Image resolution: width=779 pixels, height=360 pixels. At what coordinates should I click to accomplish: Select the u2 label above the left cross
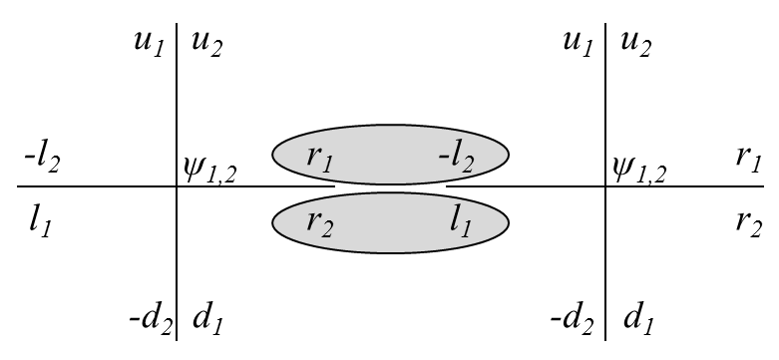pyautogui.click(x=205, y=45)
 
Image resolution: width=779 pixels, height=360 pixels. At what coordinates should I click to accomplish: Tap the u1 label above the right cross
pyautogui.click(x=580, y=43)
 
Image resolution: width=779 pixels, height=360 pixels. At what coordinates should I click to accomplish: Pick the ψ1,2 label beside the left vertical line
pyautogui.click(x=208, y=171)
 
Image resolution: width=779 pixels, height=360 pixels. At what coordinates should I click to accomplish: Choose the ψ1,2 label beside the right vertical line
pyautogui.click(x=639, y=171)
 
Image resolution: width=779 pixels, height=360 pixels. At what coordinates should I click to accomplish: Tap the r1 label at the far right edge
pyautogui.click(x=749, y=157)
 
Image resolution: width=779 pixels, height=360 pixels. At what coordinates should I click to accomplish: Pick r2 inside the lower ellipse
pyautogui.click(x=319, y=221)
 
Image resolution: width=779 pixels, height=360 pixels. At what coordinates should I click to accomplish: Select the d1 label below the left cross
pyautogui.click(x=207, y=319)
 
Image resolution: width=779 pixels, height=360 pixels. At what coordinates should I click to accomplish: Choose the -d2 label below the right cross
pyautogui.click(x=573, y=320)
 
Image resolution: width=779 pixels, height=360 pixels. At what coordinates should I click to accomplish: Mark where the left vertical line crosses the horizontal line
pyautogui.click(x=177, y=186)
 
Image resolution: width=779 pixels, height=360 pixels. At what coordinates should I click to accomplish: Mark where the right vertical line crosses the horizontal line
pyautogui.click(x=605, y=186)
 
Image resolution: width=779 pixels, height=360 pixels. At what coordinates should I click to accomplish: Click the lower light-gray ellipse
pyautogui.click(x=390, y=224)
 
